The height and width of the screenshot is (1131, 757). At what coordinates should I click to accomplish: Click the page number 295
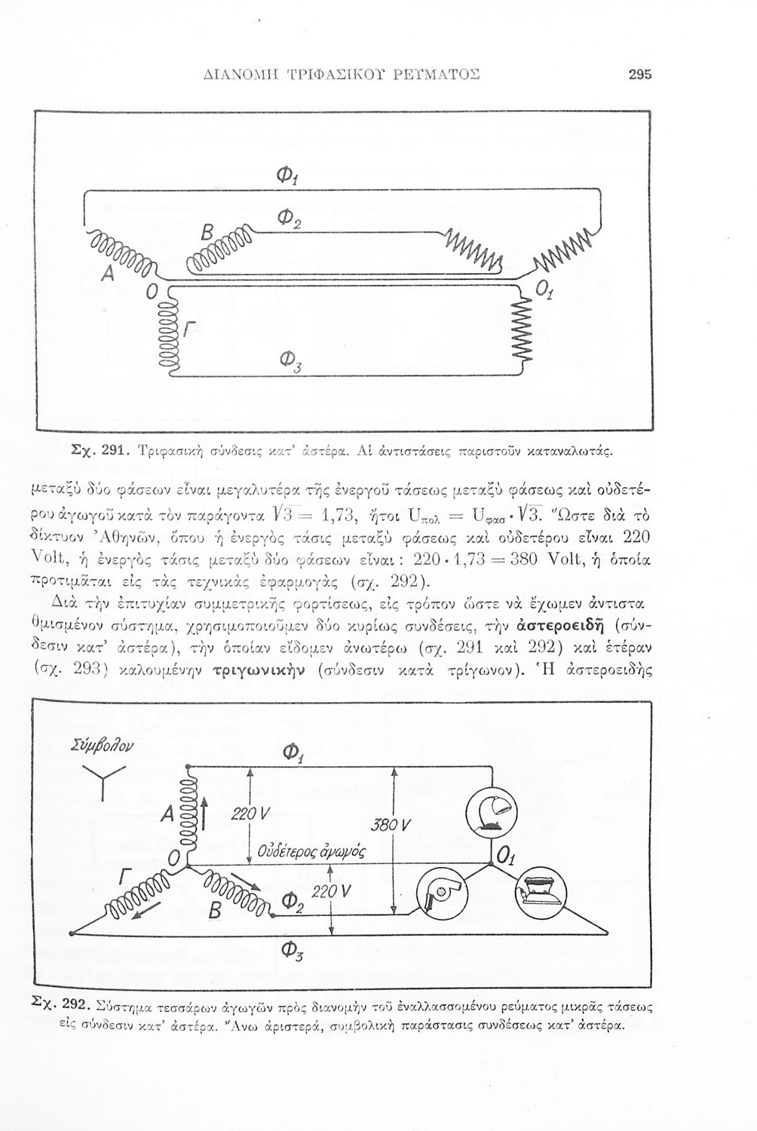[638, 75]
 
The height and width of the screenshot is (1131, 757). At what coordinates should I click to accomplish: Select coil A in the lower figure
[185, 813]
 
